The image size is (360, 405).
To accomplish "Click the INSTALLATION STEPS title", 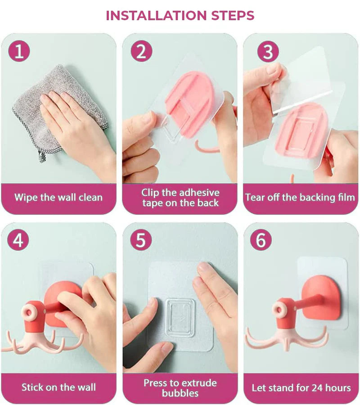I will click(180, 15).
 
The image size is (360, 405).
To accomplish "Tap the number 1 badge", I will click(18, 51).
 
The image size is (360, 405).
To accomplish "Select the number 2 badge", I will click(141, 51).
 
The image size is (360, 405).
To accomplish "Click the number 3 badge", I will click(268, 51).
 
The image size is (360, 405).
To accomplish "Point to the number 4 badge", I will click(18, 240).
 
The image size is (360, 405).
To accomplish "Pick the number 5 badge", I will click(141, 240).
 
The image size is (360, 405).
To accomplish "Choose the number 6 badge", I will click(261, 240).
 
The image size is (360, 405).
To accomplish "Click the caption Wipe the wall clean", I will click(58, 198).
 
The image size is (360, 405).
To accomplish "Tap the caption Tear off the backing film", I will click(300, 198).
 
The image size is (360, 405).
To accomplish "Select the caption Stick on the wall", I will click(58, 387).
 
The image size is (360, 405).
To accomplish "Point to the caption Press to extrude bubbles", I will click(180, 388).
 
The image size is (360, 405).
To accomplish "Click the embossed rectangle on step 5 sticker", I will click(179, 318).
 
